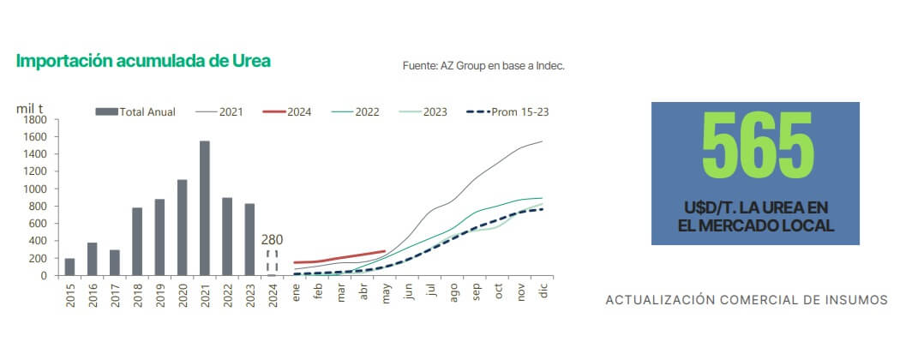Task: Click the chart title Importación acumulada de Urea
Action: coord(144,61)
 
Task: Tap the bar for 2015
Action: coord(69,267)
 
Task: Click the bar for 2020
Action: coord(182,227)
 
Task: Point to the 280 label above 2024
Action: coord(273,239)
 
